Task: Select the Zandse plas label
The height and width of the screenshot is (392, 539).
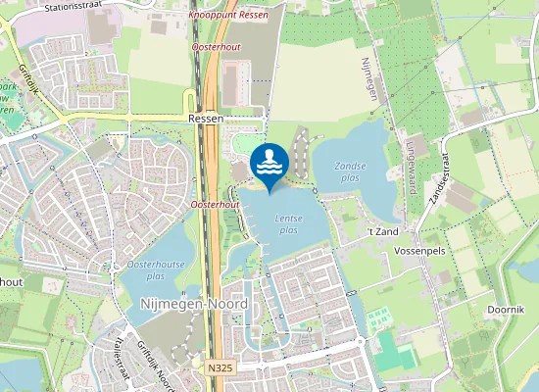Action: coord(350,172)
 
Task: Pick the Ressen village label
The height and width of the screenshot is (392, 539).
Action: coord(206,119)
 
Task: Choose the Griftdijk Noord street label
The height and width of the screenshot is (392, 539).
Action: coord(157,365)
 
